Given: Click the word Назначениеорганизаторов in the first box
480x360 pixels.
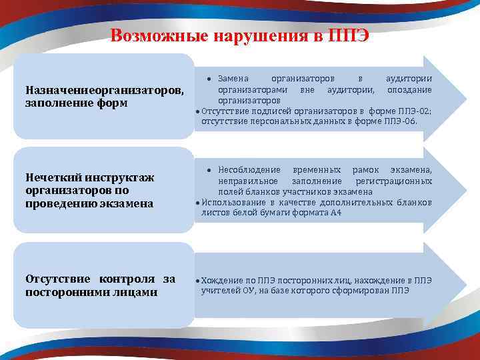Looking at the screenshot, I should pyautogui.click(x=104, y=90).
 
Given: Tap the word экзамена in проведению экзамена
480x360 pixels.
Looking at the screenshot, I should pyautogui.click(x=130, y=203).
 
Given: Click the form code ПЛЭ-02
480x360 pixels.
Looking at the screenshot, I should pyautogui.click(x=416, y=111).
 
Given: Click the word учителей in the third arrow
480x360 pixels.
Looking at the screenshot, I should pyautogui.click(x=218, y=291).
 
